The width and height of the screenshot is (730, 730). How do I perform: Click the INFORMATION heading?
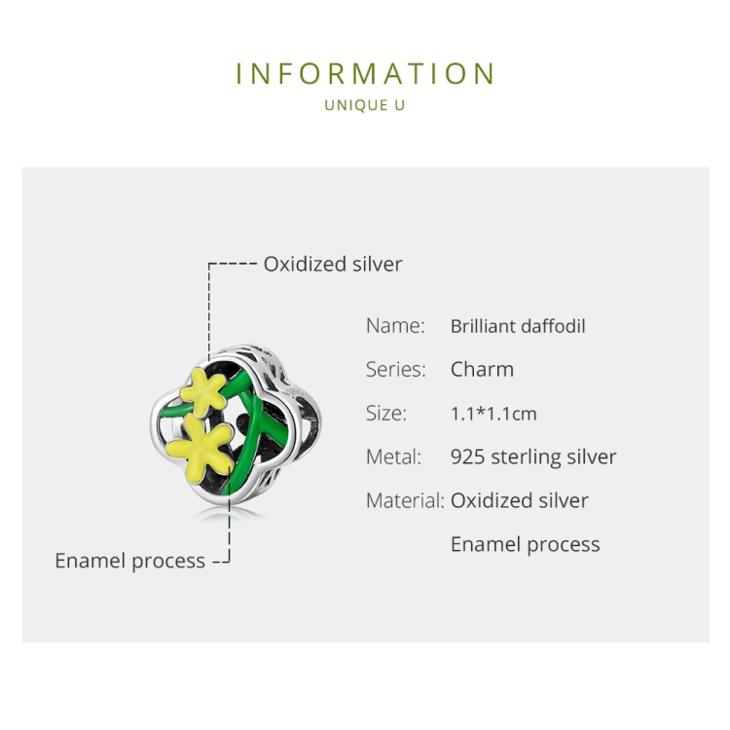pyautogui.click(x=365, y=74)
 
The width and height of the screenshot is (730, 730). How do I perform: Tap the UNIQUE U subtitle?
pyautogui.click(x=365, y=105)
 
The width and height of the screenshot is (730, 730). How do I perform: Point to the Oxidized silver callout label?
pyautogui.click(x=333, y=264)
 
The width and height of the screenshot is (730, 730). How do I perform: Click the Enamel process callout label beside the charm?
pyautogui.click(x=129, y=561)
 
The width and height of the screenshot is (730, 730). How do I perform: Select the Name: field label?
pyautogui.click(x=395, y=325)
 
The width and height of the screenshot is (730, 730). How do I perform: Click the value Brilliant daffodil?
pyautogui.click(x=518, y=326)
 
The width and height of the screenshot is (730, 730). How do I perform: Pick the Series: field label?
pyautogui.click(x=396, y=369)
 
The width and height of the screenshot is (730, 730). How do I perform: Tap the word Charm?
pyautogui.click(x=483, y=369)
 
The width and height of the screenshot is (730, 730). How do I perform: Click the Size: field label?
pyautogui.click(x=386, y=413)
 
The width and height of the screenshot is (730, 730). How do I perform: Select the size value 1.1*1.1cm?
pyautogui.click(x=493, y=414)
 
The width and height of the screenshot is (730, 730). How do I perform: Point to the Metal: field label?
pyautogui.click(x=393, y=456)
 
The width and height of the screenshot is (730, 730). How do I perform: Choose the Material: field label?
pyautogui.click(x=405, y=500)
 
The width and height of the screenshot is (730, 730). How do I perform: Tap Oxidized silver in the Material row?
pyautogui.click(x=520, y=500)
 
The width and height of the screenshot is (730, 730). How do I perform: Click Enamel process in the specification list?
pyautogui.click(x=526, y=545)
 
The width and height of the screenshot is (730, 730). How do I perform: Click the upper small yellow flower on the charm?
pyautogui.click(x=203, y=392)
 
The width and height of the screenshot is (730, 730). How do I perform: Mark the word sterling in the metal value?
pyautogui.click(x=526, y=457)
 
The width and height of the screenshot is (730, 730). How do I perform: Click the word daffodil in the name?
pyautogui.click(x=553, y=326)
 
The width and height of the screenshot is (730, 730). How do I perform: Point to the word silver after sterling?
pyautogui.click(x=591, y=456)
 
